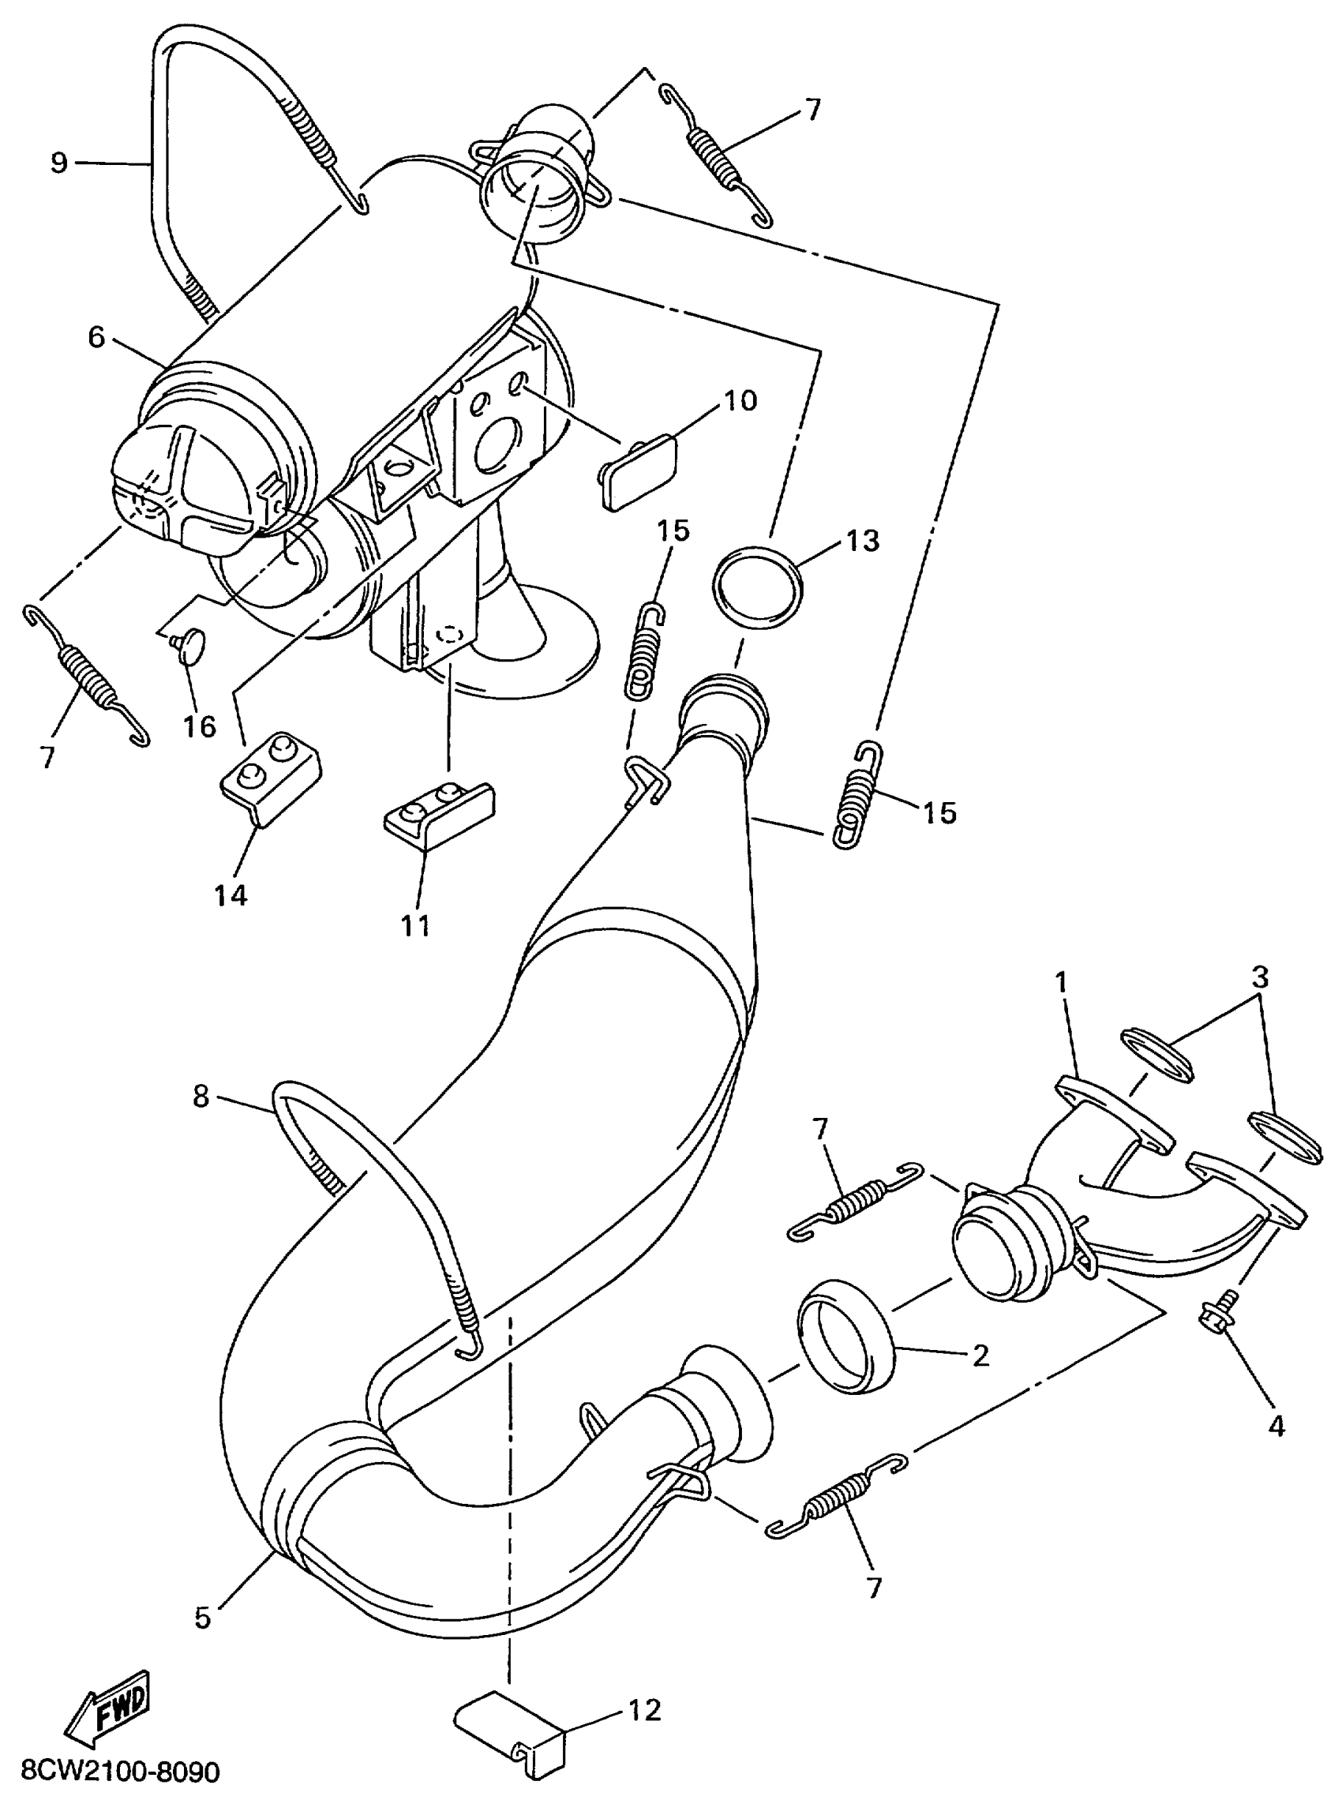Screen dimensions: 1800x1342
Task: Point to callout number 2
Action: [x=980, y=1354]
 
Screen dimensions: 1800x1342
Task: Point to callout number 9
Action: [x=58, y=163]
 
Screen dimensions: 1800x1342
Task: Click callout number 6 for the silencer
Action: [x=96, y=337]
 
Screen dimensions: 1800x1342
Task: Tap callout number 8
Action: [x=201, y=1096]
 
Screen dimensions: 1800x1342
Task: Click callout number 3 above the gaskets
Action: [x=1259, y=977]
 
